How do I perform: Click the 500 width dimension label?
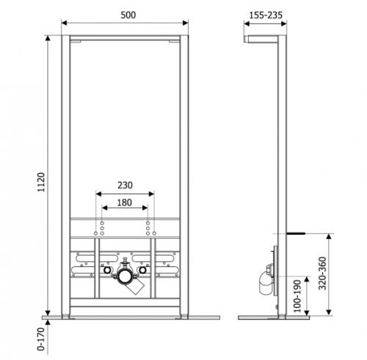(128, 15)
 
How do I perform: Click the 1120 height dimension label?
(42, 183)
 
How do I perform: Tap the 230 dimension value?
(125, 185)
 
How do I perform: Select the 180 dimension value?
(125, 202)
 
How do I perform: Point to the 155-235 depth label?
(266, 15)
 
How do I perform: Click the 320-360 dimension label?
(322, 273)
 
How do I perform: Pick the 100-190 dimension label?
(297, 296)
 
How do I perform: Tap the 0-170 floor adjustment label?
(41, 339)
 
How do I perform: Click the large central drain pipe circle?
(126, 276)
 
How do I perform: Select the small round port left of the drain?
(107, 270)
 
